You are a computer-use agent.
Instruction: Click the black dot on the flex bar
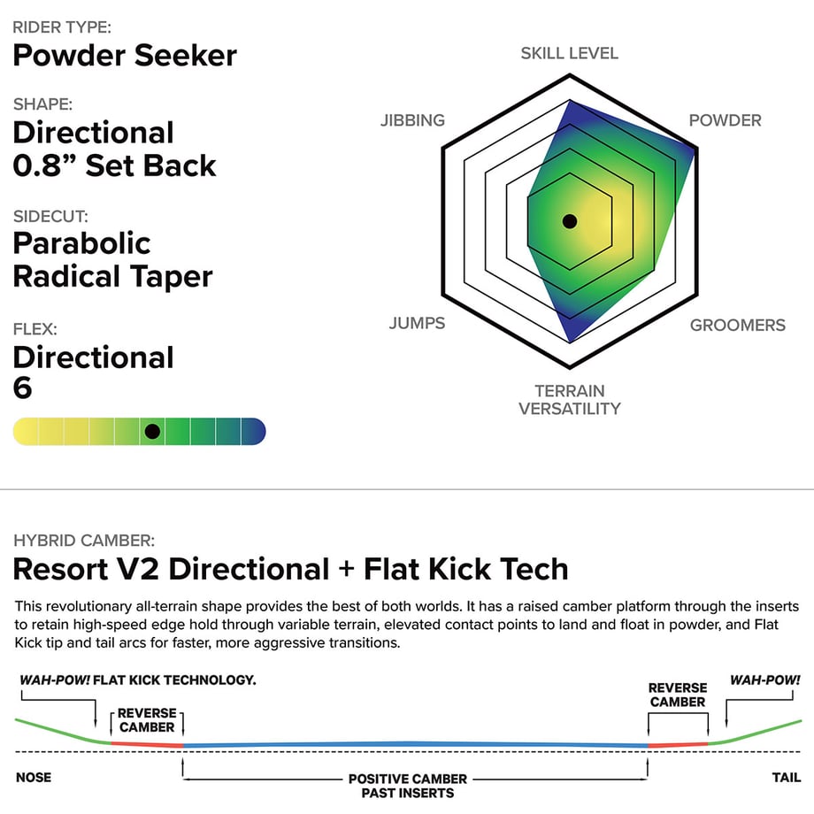pyautogui.click(x=152, y=432)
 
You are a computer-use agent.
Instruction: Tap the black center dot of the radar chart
pyautogui.click(x=570, y=221)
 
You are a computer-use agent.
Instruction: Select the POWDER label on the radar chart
pyautogui.click(x=725, y=120)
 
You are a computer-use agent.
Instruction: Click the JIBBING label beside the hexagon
pyautogui.click(x=412, y=120)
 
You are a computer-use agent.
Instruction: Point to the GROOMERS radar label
pyautogui.click(x=737, y=325)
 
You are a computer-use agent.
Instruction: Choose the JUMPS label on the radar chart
pyautogui.click(x=417, y=323)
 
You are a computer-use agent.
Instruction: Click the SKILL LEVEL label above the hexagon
pyautogui.click(x=570, y=53)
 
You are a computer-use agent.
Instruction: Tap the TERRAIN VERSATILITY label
pyautogui.click(x=570, y=400)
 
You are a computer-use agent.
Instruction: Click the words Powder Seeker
pyautogui.click(x=125, y=56)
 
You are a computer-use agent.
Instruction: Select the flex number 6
pyautogui.click(x=22, y=388)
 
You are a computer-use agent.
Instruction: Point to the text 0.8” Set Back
pyautogui.click(x=114, y=166)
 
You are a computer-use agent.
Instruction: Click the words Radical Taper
pyautogui.click(x=112, y=276)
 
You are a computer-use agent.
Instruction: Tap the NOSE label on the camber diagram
pyautogui.click(x=34, y=777)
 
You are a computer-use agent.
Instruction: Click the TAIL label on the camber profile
pyautogui.click(x=786, y=777)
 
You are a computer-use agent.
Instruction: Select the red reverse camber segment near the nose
pyautogui.click(x=147, y=744)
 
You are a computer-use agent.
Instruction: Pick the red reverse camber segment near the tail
pyautogui.click(x=678, y=745)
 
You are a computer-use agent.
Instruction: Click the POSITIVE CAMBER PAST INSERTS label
pyautogui.click(x=408, y=786)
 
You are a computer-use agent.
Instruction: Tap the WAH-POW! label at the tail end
pyautogui.click(x=765, y=680)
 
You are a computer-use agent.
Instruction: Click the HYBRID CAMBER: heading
pyautogui.click(x=84, y=541)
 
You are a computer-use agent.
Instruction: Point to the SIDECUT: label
pyautogui.click(x=50, y=217)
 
